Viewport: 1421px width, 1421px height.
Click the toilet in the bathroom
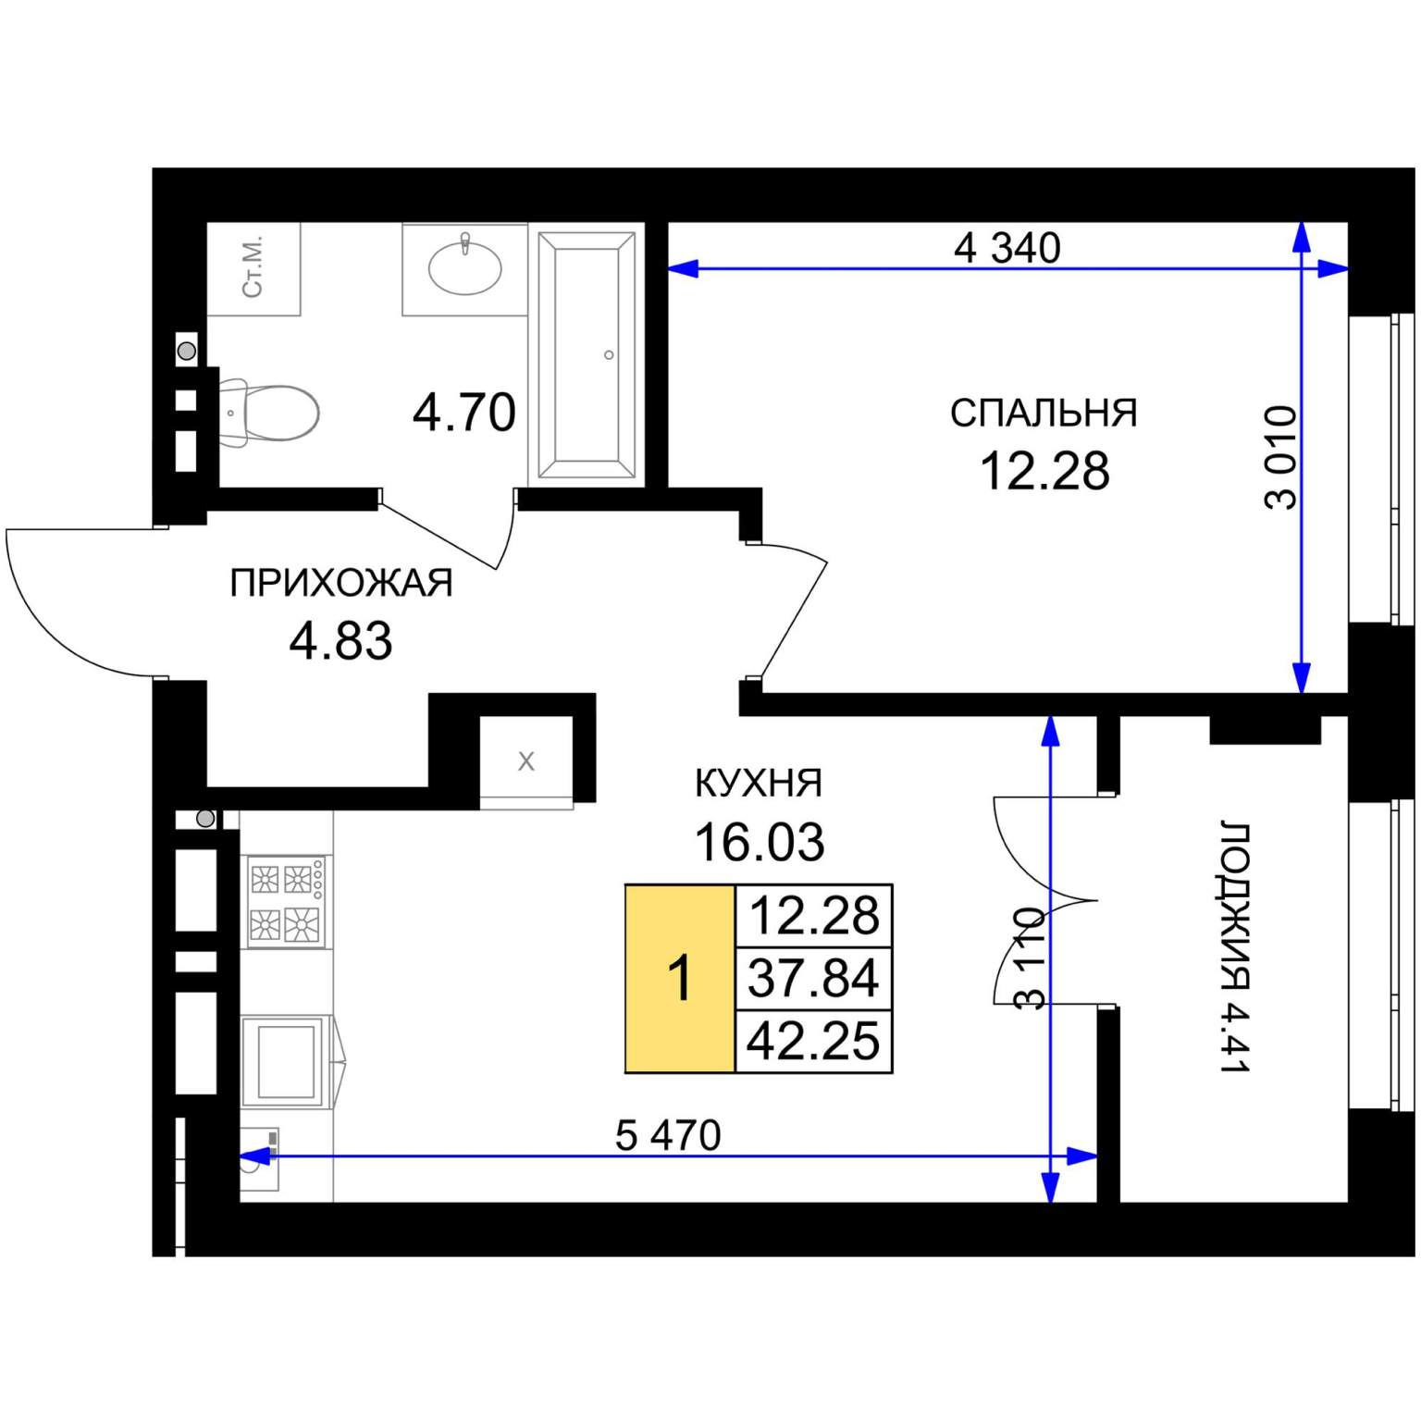tap(268, 412)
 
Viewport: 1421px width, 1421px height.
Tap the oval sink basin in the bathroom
tap(464, 266)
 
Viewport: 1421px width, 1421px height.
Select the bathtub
tap(587, 353)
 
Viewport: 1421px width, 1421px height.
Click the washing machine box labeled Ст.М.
tap(253, 268)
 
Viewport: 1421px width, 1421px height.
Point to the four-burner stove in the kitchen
tap(285, 901)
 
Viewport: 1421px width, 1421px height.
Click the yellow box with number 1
tap(680, 979)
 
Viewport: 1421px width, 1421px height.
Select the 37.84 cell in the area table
tap(813, 979)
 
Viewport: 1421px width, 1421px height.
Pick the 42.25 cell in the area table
tap(813, 1042)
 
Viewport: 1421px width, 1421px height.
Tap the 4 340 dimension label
tap(1007, 248)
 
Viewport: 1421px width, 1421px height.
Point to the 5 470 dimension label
tap(668, 1135)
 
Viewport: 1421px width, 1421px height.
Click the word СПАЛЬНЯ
tap(1044, 414)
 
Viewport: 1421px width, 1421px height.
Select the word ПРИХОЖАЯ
tap(341, 584)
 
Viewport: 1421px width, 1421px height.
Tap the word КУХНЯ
tap(759, 784)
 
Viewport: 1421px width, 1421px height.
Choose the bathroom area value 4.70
tap(464, 413)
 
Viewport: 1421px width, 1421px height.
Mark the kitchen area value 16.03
tap(760, 842)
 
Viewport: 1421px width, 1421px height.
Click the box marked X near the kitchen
tap(526, 761)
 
